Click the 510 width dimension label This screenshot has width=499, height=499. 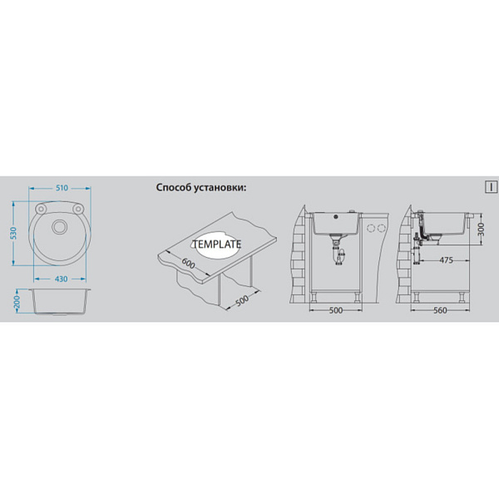[x=62, y=188]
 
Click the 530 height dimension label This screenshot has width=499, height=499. [x=13, y=233]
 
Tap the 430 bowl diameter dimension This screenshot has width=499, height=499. [x=61, y=279]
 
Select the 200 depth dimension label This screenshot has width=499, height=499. [x=17, y=301]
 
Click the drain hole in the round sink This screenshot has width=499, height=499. [x=59, y=226]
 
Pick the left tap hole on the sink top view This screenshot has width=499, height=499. [x=41, y=209]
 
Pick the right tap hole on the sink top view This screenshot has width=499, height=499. [x=77, y=209]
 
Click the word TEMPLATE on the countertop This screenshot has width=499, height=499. [x=217, y=244]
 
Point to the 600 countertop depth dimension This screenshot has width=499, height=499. [x=188, y=263]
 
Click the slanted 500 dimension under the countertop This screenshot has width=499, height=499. [x=242, y=299]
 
